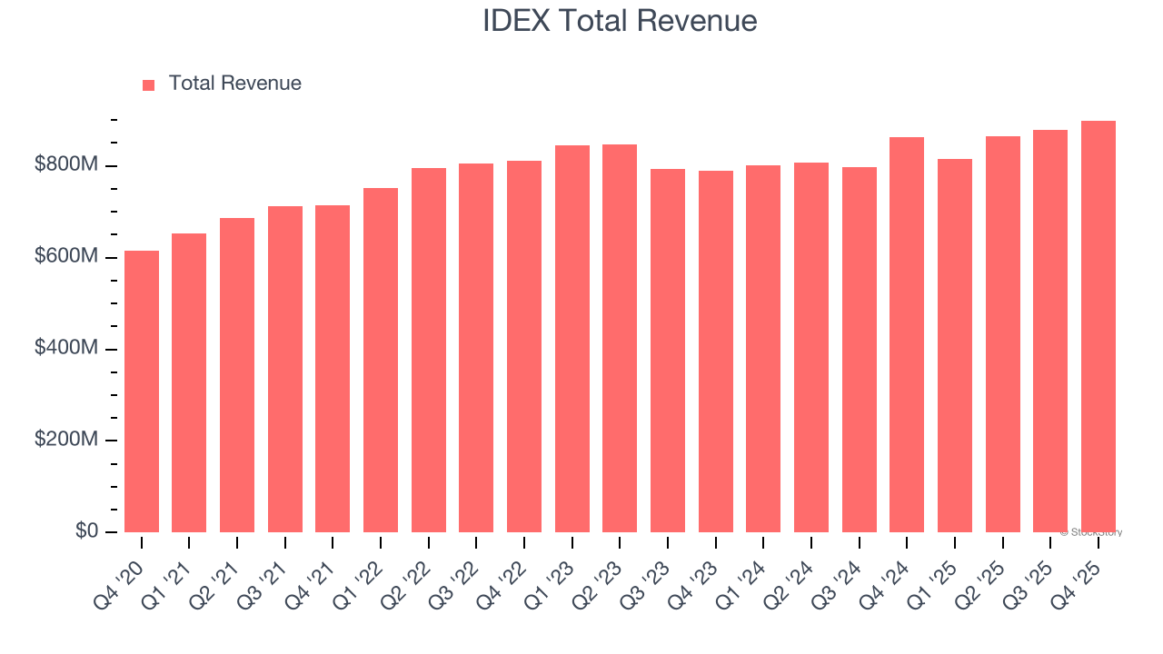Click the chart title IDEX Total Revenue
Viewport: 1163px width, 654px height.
pos(620,20)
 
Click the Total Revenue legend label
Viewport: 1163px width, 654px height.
pos(234,84)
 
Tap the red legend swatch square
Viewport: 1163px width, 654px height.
pos(149,84)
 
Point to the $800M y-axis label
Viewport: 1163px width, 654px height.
pos(67,165)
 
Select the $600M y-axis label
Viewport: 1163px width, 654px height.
pos(67,257)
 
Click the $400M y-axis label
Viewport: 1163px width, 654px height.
pos(67,349)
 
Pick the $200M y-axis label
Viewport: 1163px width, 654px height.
pos(67,440)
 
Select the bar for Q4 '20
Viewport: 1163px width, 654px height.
pos(142,391)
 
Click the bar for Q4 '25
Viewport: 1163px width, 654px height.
pos(1098,327)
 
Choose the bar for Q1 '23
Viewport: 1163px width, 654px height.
pos(572,339)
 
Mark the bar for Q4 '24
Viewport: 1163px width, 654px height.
pos(907,335)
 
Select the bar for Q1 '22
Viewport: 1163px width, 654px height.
pos(381,361)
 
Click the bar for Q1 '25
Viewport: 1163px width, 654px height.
pos(955,346)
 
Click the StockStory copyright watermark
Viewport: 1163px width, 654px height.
pos(1091,532)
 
